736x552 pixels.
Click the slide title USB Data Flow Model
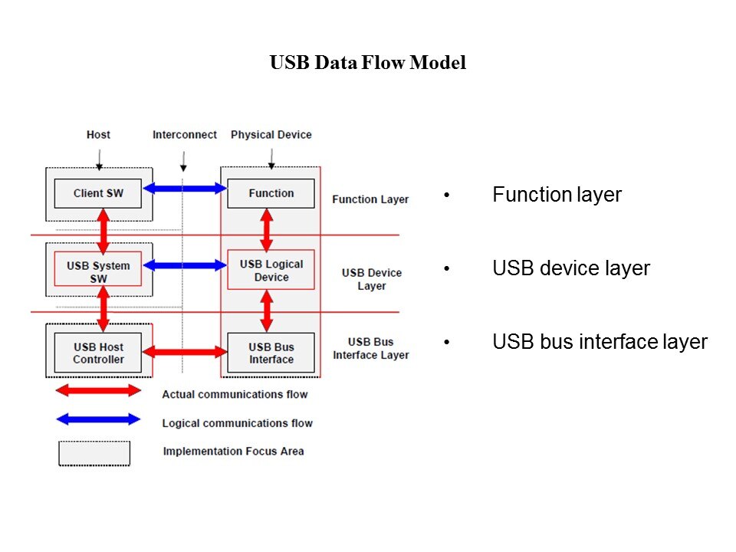[368, 63]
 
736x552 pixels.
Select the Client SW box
[98, 193]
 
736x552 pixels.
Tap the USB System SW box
[98, 271]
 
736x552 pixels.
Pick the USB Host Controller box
[98, 353]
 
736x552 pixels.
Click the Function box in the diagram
[271, 193]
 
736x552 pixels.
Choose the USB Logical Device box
[271, 271]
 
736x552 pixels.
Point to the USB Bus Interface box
[271, 353]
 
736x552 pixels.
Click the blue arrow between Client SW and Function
[186, 189]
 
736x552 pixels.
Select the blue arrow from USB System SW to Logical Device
[186, 265]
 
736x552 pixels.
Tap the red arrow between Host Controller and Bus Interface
[186, 352]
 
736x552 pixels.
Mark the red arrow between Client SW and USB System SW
[103, 228]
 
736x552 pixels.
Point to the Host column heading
[98, 135]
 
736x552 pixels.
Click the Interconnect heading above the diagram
[185, 135]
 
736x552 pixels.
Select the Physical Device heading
[271, 135]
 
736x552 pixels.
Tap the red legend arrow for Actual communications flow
[99, 391]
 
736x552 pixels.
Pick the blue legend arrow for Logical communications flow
[99, 419]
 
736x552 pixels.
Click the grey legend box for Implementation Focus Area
[94, 452]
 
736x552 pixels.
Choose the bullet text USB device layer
[571, 268]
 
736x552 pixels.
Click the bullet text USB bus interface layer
[600, 342]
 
